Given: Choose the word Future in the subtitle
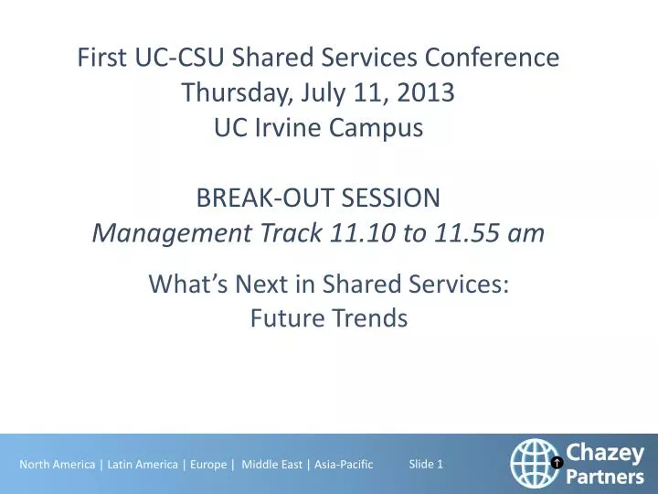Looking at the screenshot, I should [286, 318].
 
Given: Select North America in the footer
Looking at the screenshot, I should [57, 465].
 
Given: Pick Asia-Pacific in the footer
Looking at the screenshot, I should [344, 465].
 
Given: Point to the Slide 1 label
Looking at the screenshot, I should [426, 464].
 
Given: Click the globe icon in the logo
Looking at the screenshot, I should [536, 462].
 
